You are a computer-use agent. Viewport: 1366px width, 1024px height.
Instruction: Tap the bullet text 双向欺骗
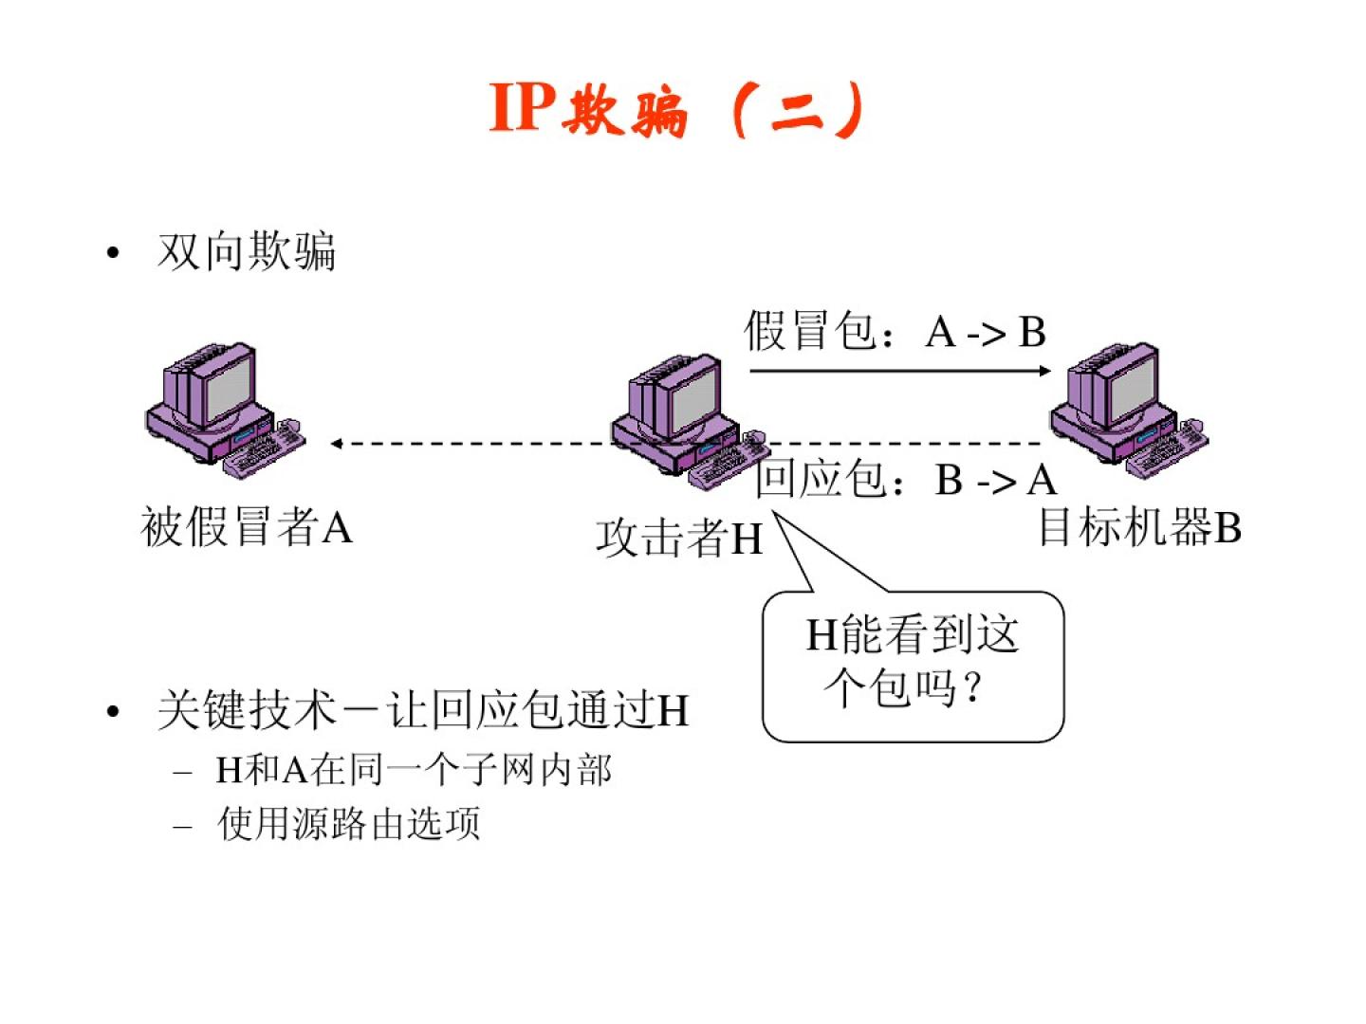coord(247,252)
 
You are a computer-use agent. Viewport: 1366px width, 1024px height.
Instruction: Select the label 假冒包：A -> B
coord(895,332)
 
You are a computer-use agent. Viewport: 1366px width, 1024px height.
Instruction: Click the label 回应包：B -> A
coord(906,479)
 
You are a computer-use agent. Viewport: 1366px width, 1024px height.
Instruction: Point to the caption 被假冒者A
coord(247,526)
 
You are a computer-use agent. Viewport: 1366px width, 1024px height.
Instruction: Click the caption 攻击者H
coord(679,538)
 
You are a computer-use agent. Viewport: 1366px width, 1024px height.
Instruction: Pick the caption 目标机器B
coord(1139,527)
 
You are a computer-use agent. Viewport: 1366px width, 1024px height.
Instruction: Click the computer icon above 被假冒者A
coord(213,403)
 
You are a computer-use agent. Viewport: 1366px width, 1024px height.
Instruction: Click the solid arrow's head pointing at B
coord(1044,370)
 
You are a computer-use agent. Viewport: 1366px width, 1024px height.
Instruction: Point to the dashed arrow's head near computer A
coord(337,443)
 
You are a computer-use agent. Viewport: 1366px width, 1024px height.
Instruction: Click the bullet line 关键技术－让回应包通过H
coord(423,710)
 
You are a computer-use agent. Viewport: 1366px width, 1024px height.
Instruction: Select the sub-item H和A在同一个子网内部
coord(414,769)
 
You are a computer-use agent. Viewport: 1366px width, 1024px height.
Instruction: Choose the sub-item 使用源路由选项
coord(349,823)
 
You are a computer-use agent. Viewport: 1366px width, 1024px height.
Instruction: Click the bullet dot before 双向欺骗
coord(114,253)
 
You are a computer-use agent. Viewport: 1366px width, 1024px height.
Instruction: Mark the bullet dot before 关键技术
coord(114,711)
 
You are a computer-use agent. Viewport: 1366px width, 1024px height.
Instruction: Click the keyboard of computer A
coord(265,449)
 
